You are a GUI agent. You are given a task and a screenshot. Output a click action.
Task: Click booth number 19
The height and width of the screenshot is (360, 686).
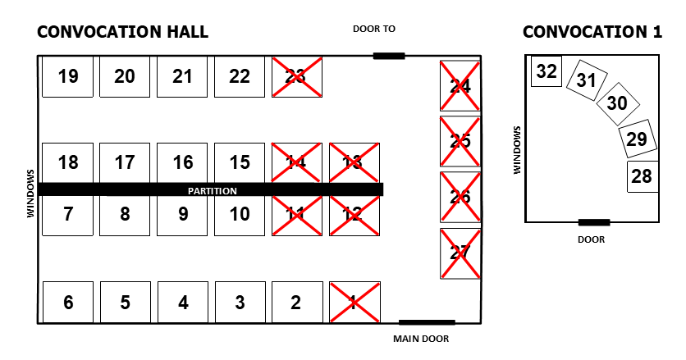tap(68, 76)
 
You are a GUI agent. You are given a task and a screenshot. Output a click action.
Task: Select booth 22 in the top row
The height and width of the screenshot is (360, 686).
tap(240, 76)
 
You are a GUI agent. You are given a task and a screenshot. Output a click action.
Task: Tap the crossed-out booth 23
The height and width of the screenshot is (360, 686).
tap(296, 76)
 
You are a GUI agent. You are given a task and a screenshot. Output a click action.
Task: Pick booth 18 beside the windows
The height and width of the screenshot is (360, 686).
tap(68, 162)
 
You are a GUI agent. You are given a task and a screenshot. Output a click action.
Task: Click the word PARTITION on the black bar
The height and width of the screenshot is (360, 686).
tap(213, 190)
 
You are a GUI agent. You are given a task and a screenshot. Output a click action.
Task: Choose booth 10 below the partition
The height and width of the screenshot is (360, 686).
tap(240, 215)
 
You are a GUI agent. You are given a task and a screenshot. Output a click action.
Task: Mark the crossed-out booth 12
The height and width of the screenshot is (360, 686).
tap(354, 215)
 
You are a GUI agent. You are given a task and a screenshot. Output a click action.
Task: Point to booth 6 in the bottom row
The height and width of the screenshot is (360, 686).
tap(68, 303)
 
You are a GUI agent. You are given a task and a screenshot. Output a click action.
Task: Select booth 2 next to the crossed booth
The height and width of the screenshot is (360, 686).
tap(296, 303)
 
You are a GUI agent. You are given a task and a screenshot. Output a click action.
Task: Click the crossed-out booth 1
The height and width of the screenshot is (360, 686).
tap(354, 303)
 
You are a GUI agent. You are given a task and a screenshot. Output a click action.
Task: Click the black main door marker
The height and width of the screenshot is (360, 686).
tap(426, 322)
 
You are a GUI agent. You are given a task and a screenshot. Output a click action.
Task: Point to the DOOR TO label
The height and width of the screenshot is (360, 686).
tap(374, 29)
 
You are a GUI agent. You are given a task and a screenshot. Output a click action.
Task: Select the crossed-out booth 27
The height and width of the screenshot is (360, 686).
tap(460, 253)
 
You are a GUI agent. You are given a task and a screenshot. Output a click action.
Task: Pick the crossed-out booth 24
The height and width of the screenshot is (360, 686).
tap(460, 85)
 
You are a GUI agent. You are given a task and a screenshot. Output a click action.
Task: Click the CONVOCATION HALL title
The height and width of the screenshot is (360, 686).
tap(123, 32)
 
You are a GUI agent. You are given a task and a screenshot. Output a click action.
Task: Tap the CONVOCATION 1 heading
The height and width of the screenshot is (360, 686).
tap(592, 32)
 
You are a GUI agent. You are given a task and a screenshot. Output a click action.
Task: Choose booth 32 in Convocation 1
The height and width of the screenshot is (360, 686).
tap(547, 71)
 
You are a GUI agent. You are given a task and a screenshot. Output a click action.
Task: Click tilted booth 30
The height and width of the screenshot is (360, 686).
tap(616, 103)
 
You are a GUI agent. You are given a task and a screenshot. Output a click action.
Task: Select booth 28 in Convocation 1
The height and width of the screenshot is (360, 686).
tap(642, 176)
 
